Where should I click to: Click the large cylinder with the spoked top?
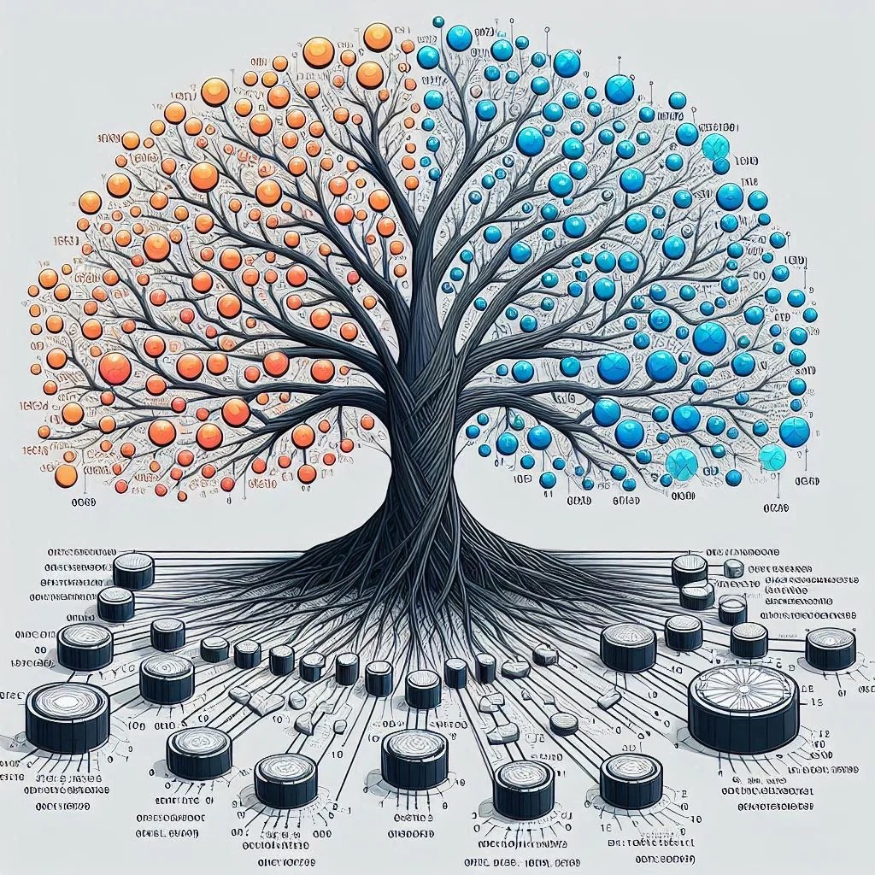(x=743, y=708)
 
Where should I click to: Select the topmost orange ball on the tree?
(x=377, y=37)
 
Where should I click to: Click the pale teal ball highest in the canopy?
(x=714, y=147)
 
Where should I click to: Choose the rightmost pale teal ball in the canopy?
(x=772, y=457)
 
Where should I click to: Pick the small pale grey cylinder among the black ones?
(x=733, y=568)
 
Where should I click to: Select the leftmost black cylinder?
(x=67, y=716)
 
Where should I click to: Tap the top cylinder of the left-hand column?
(x=134, y=571)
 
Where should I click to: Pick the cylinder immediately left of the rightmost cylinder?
(x=749, y=640)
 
